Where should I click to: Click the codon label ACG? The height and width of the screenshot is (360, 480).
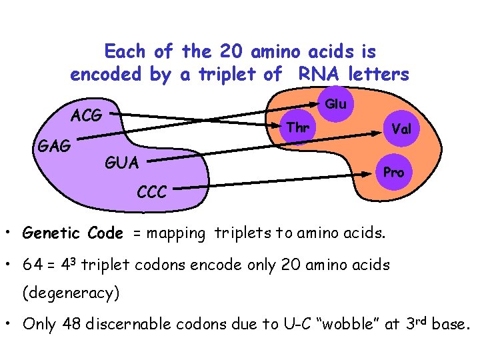coord(87,115)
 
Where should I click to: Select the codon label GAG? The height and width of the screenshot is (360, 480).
coord(55,145)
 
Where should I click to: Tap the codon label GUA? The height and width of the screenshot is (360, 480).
coord(122,163)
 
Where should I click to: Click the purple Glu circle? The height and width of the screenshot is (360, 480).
coord(335,104)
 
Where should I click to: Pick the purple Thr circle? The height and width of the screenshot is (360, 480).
coord(297,127)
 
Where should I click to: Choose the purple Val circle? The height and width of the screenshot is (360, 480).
coord(401,129)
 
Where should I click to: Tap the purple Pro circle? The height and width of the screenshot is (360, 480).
coord(393,172)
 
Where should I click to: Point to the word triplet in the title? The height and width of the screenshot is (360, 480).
coord(227,75)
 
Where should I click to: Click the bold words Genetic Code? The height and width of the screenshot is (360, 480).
coord(73,233)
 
